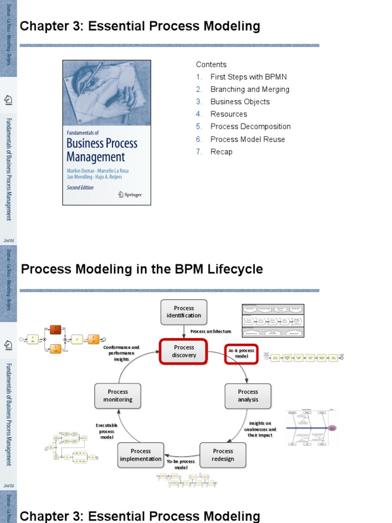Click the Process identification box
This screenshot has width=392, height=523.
point(184,312)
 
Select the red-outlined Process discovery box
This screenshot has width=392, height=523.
point(184,351)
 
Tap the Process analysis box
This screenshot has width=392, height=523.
point(248,396)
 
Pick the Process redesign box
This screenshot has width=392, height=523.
point(223,455)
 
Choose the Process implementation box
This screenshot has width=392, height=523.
point(140,455)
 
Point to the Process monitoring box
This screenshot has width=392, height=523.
point(118,396)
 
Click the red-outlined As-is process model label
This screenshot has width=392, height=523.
point(241,353)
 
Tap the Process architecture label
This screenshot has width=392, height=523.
point(211,331)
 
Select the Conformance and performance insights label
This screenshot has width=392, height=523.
point(121,353)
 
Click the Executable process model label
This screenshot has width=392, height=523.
point(107,431)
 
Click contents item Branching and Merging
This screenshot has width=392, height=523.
point(250,89)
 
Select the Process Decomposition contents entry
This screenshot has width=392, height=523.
point(250,127)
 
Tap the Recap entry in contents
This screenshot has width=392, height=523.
point(221,152)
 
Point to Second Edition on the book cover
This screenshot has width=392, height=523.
point(81,187)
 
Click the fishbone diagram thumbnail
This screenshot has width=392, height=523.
point(311,428)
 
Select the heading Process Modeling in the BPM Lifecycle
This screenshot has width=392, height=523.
point(142,269)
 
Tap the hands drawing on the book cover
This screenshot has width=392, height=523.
point(106,92)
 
